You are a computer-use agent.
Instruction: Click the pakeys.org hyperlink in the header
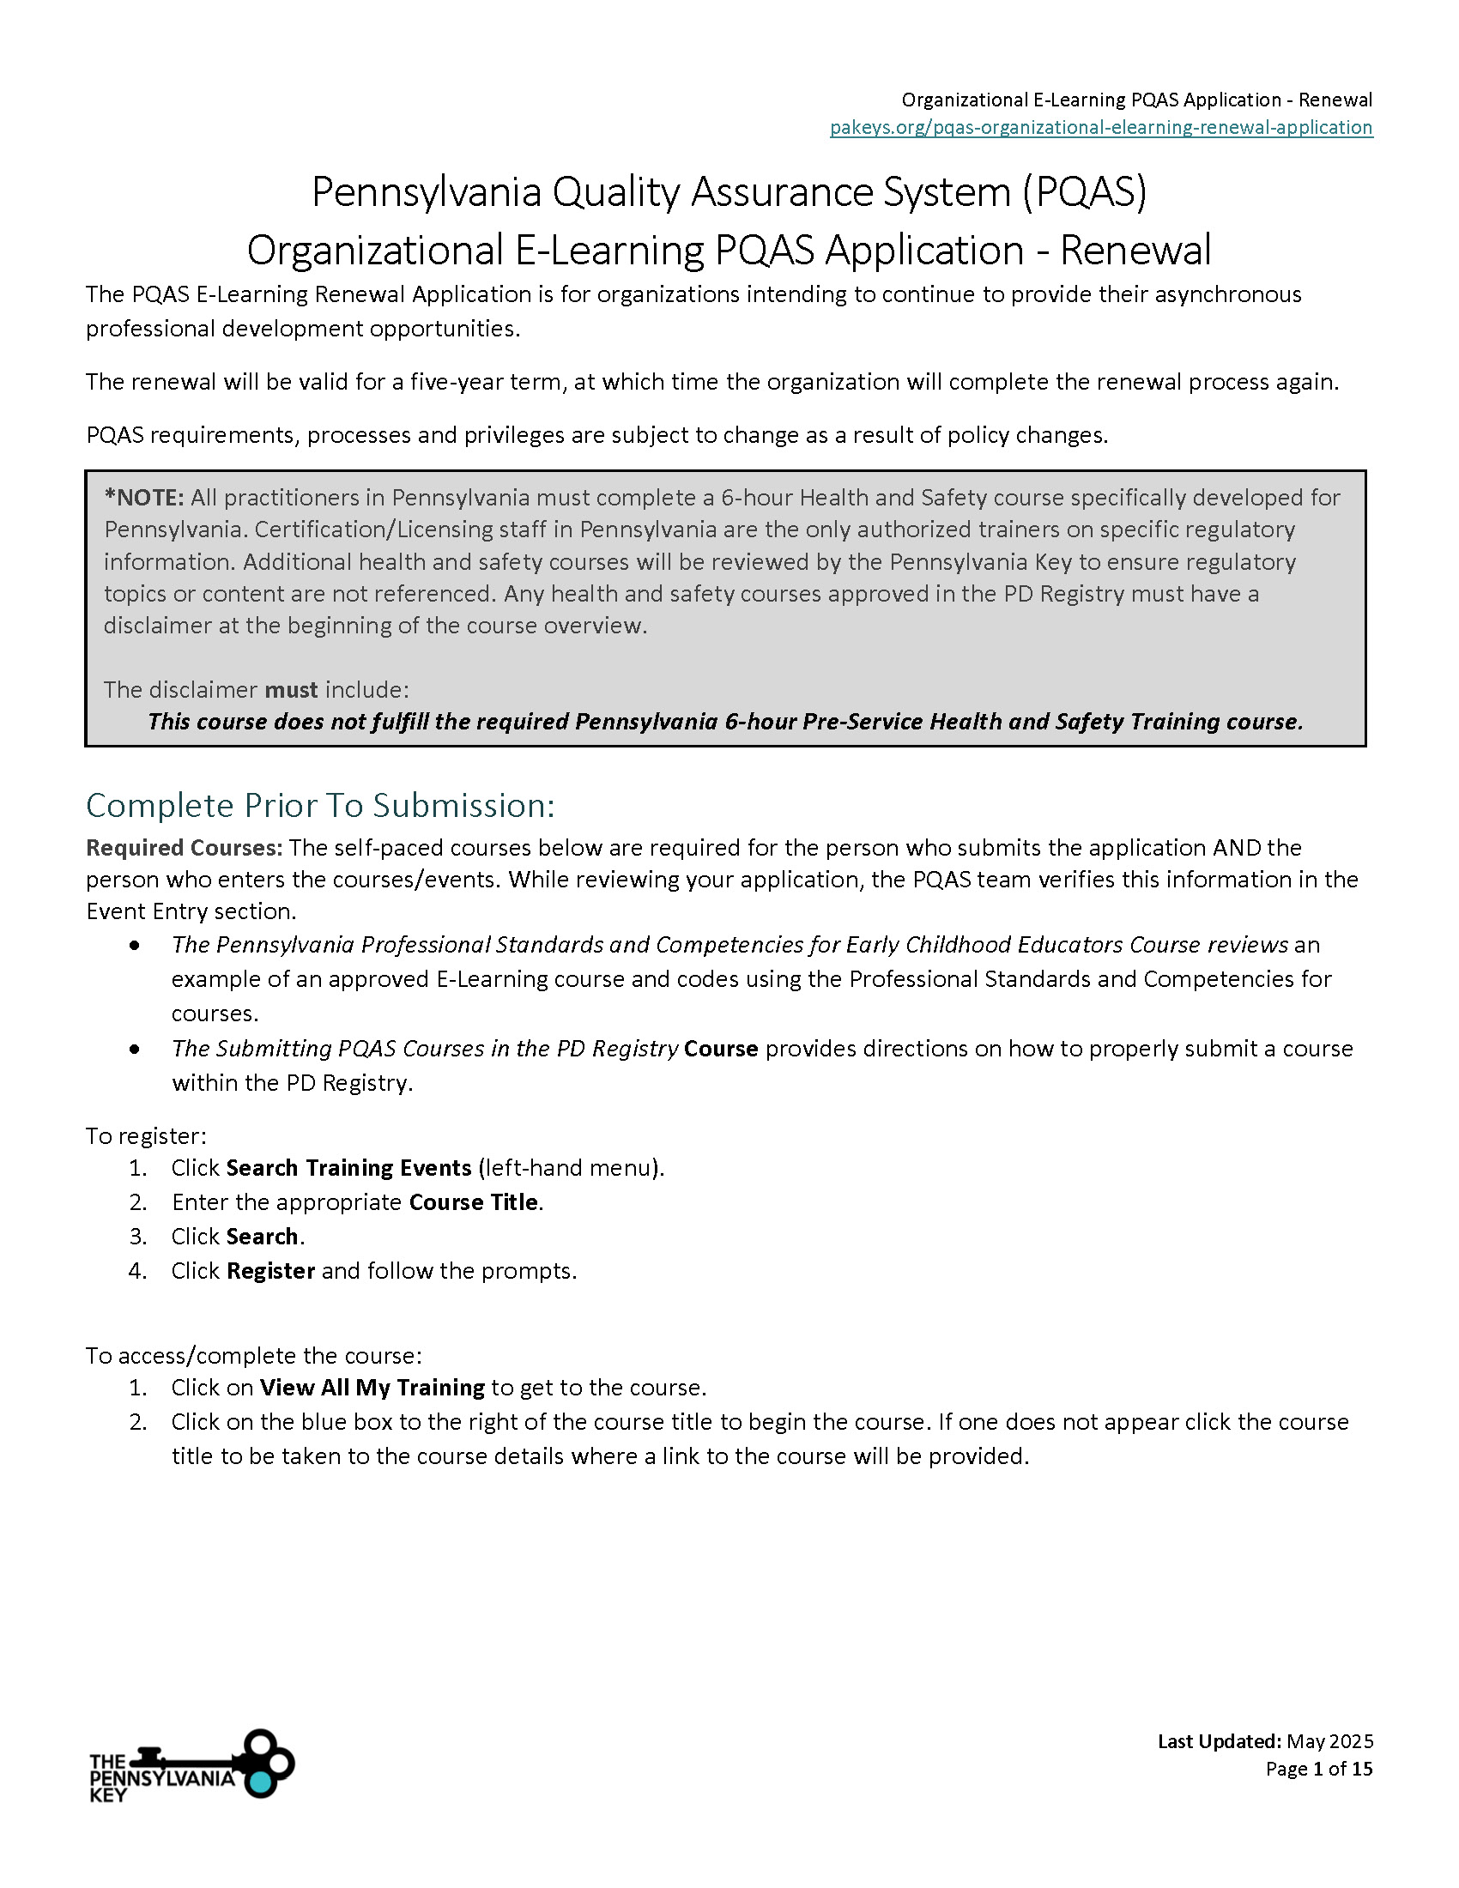[1100, 128]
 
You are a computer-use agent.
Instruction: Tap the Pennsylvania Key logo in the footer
[192, 1764]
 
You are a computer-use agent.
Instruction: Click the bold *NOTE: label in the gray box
[143, 498]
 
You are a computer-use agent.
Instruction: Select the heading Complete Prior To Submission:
[320, 806]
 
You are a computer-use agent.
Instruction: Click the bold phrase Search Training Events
[348, 1168]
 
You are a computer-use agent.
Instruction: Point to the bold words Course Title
[474, 1202]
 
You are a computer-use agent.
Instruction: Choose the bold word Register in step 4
[270, 1271]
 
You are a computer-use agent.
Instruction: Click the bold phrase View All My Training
[372, 1388]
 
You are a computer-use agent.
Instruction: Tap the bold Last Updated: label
[1219, 1741]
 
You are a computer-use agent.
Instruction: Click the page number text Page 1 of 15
[1319, 1769]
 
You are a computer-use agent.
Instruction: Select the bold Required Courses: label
[185, 848]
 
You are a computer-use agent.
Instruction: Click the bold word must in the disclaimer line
[291, 690]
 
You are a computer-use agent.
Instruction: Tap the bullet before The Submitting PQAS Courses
[135, 1050]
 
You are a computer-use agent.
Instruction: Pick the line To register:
[146, 1136]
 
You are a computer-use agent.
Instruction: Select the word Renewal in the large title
[1135, 251]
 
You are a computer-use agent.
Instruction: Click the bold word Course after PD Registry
[721, 1049]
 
